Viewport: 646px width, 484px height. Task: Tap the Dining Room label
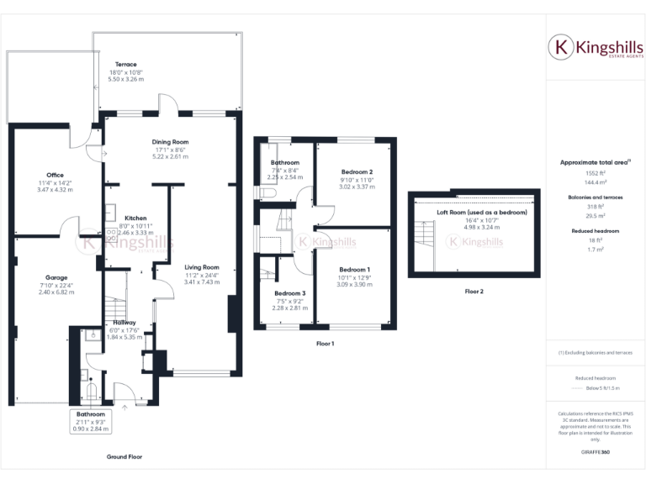[x=170, y=142]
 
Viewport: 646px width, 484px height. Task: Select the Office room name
[x=56, y=175]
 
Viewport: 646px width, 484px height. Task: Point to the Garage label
[x=56, y=277]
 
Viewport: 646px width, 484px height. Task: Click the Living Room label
[x=202, y=267]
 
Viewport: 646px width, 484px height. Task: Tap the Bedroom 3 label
[x=291, y=293]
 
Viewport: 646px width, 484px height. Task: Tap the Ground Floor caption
[x=124, y=457]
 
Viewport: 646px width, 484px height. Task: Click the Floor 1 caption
[x=325, y=344]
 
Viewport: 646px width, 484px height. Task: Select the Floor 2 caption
[x=475, y=292]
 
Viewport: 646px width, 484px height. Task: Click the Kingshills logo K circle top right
[x=560, y=47]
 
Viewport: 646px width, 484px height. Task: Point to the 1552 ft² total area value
[x=595, y=173]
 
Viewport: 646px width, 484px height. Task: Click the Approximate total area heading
[x=594, y=161]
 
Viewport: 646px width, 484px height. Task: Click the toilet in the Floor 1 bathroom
[x=267, y=194]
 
